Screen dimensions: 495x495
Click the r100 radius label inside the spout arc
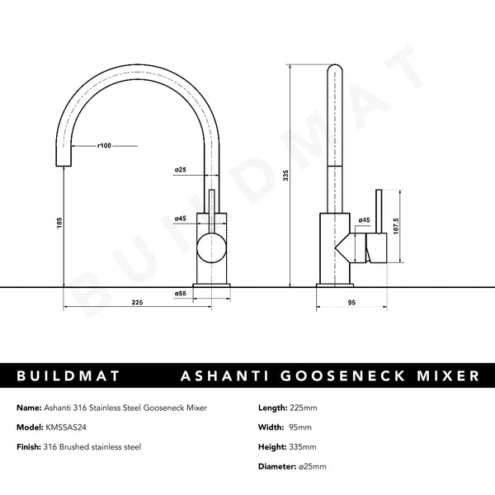104,145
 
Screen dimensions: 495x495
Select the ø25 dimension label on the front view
180,170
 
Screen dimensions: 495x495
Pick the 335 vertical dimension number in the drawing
285,175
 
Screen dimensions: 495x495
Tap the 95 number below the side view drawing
351,304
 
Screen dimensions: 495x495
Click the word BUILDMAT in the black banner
68,375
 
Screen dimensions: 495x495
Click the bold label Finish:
31,446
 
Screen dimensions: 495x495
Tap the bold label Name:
29,408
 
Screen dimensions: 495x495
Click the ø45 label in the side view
365,220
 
